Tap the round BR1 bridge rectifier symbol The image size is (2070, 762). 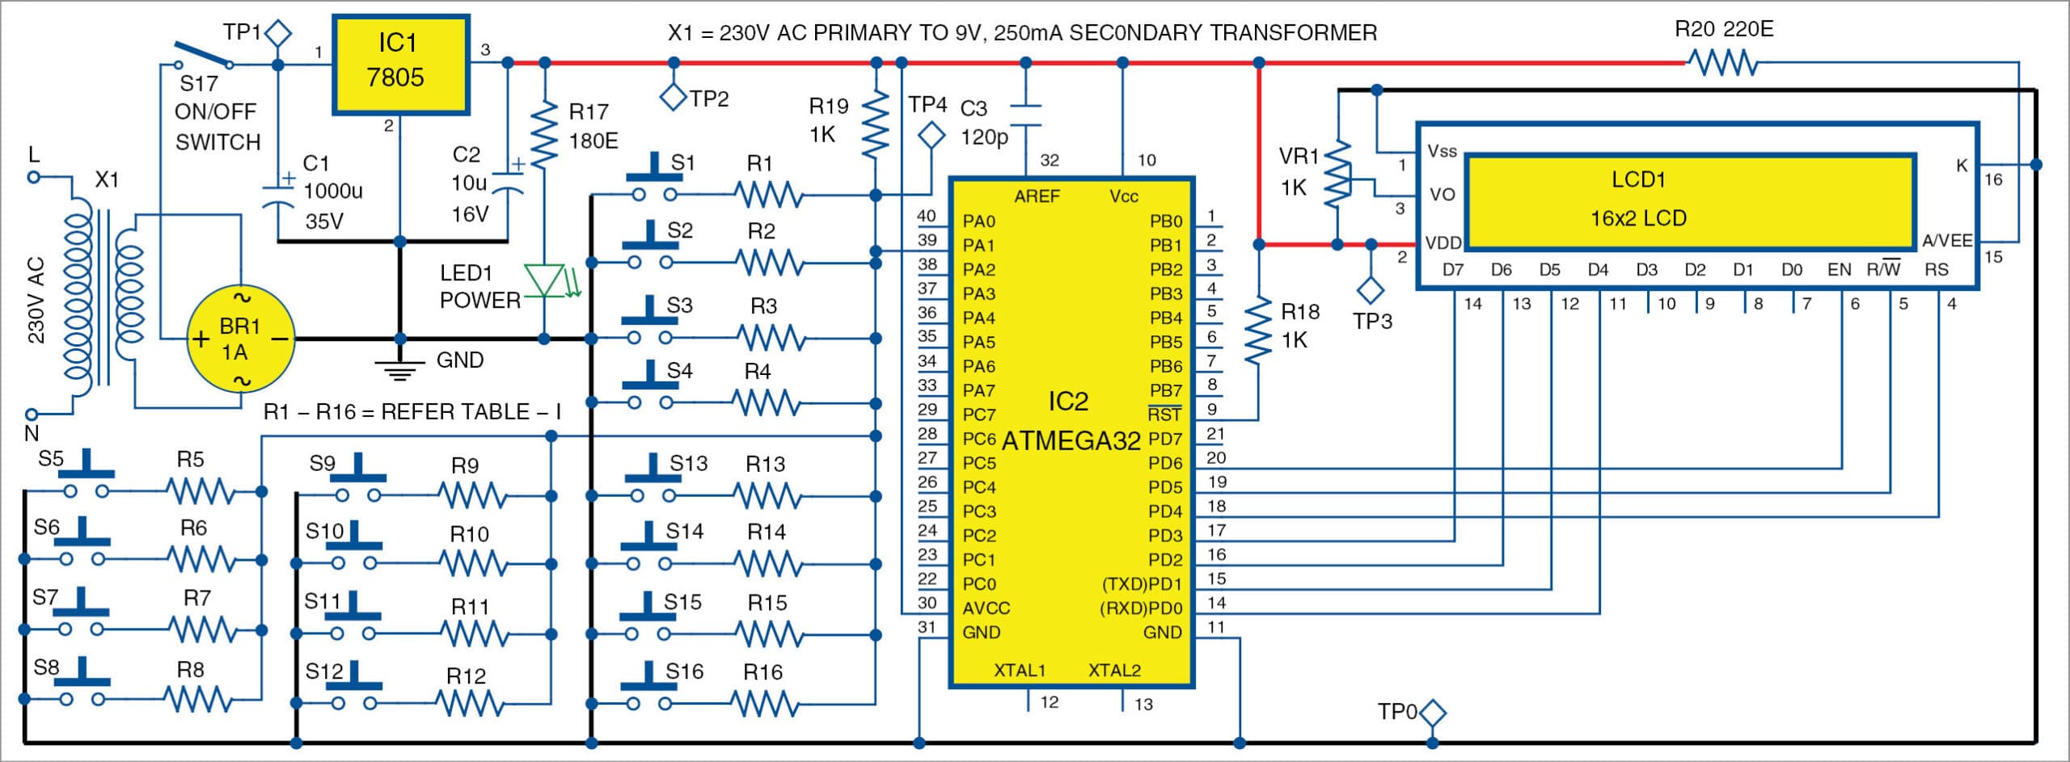coord(241,339)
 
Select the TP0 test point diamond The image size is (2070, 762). coord(1433,713)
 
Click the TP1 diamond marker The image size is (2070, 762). coord(278,34)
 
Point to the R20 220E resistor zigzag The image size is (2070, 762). coord(1722,62)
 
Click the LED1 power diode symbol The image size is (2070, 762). coord(545,280)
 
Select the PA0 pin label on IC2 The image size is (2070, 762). coord(978,221)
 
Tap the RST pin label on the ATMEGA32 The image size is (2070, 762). coord(1164,415)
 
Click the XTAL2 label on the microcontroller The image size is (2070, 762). coord(1114,670)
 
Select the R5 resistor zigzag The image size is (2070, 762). coord(200,491)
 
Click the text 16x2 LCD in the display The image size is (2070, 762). coord(1638,218)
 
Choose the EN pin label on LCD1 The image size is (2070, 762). coord(1839,270)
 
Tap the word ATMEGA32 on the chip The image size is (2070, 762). coord(1071,440)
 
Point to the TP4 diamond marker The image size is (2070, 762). coord(931,134)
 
